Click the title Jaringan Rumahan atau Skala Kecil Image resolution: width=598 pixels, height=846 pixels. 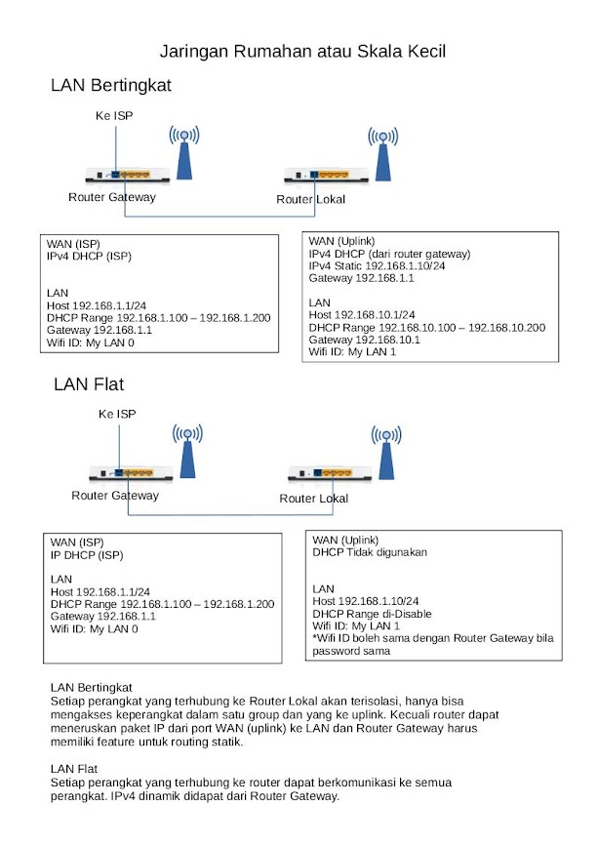(x=302, y=51)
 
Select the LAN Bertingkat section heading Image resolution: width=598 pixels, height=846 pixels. (x=111, y=86)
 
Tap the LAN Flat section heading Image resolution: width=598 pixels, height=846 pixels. (x=89, y=384)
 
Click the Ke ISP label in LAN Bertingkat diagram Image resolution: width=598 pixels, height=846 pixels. (x=113, y=116)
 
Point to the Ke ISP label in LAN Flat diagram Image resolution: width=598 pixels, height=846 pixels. (x=117, y=415)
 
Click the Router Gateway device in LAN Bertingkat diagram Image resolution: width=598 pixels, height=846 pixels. (x=127, y=176)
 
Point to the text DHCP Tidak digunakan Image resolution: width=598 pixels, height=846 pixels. (x=372, y=553)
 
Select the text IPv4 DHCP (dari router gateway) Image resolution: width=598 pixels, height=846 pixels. (x=389, y=254)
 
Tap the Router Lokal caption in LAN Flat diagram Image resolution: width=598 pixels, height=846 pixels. (x=314, y=499)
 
